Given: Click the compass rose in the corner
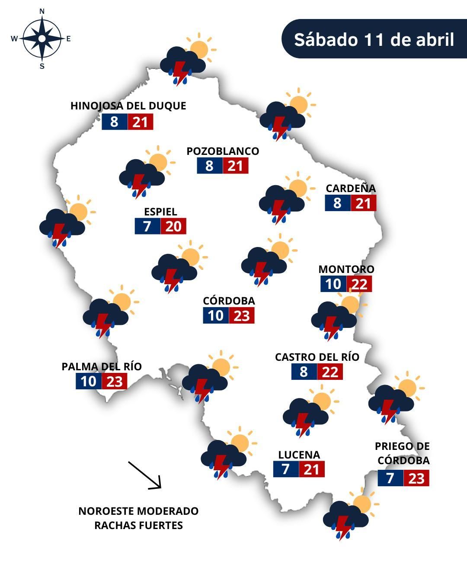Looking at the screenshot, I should click(42, 39).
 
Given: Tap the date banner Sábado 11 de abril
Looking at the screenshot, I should click(374, 39).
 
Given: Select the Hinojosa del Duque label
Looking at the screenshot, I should click(128, 106).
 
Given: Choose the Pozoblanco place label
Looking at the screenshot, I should click(223, 151).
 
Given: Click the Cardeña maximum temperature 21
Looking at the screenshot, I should click(363, 203).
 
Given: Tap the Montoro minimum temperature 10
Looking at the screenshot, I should click(333, 284).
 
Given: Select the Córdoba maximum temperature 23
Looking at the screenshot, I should click(242, 316).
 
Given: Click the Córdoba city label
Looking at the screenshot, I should click(229, 301).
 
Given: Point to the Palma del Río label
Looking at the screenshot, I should click(102, 367).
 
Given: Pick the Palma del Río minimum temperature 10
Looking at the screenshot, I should click(89, 382).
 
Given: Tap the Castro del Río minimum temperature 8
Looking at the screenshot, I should click(304, 372).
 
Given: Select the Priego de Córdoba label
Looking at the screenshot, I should click(403, 453).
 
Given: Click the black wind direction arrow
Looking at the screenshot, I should click(144, 475).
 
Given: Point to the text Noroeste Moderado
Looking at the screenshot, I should click(138, 511).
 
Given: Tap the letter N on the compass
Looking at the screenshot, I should click(42, 12).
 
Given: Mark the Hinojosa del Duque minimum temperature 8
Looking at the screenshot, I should click(114, 122).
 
